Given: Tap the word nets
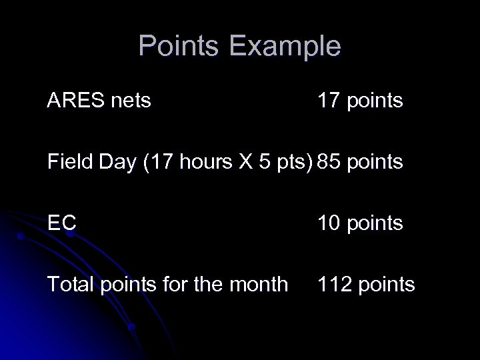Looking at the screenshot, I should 132,101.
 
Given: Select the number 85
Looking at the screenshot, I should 329,162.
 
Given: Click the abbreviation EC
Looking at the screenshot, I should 61,223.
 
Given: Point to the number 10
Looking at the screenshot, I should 329,223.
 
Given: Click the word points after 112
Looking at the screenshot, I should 387,285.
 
